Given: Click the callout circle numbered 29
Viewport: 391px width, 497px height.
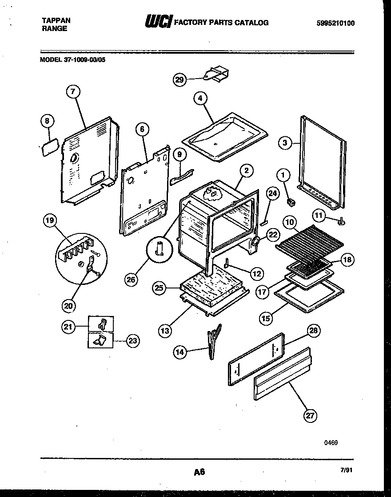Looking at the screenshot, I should (179, 80).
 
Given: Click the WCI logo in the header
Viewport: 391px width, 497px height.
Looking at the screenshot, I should (158, 22).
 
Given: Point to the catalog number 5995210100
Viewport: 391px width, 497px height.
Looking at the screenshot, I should (336, 24).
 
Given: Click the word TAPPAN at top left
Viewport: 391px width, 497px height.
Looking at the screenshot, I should (56, 20).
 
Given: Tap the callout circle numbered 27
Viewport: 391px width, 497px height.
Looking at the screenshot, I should (311, 415).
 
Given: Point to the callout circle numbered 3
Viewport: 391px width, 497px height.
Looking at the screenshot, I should (286, 142).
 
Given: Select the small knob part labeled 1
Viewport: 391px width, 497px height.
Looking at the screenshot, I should (291, 203).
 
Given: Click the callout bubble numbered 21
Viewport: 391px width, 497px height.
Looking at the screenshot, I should (68, 327).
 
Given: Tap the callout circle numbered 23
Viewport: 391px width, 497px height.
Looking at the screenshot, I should (133, 341).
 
